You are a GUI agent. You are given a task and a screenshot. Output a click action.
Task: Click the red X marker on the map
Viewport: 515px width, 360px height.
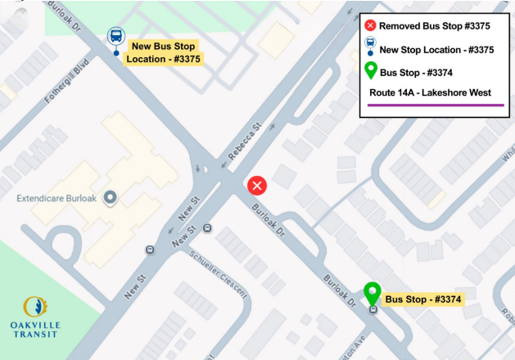point(258,186)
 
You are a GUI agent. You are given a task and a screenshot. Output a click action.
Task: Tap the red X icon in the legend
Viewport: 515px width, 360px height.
point(370,26)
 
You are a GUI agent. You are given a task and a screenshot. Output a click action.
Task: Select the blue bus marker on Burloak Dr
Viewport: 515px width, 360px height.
point(116,38)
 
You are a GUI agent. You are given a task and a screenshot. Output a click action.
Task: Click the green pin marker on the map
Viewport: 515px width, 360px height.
point(373,292)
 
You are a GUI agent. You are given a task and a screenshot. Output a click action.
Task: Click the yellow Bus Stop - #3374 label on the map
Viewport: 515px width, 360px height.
point(423,299)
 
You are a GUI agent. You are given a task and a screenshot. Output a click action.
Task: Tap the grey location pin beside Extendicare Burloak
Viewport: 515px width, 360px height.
point(110,197)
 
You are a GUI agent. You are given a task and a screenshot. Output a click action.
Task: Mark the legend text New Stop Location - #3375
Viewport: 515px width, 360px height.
point(436,49)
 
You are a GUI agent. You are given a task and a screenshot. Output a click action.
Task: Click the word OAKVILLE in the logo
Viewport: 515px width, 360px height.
point(41,324)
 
